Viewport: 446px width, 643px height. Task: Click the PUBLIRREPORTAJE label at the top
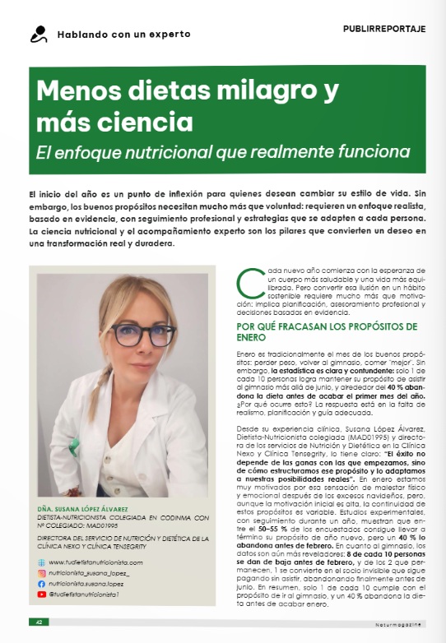[x=383, y=29]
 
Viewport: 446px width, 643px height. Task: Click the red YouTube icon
[x=42, y=593]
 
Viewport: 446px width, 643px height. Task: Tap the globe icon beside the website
[x=42, y=562]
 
